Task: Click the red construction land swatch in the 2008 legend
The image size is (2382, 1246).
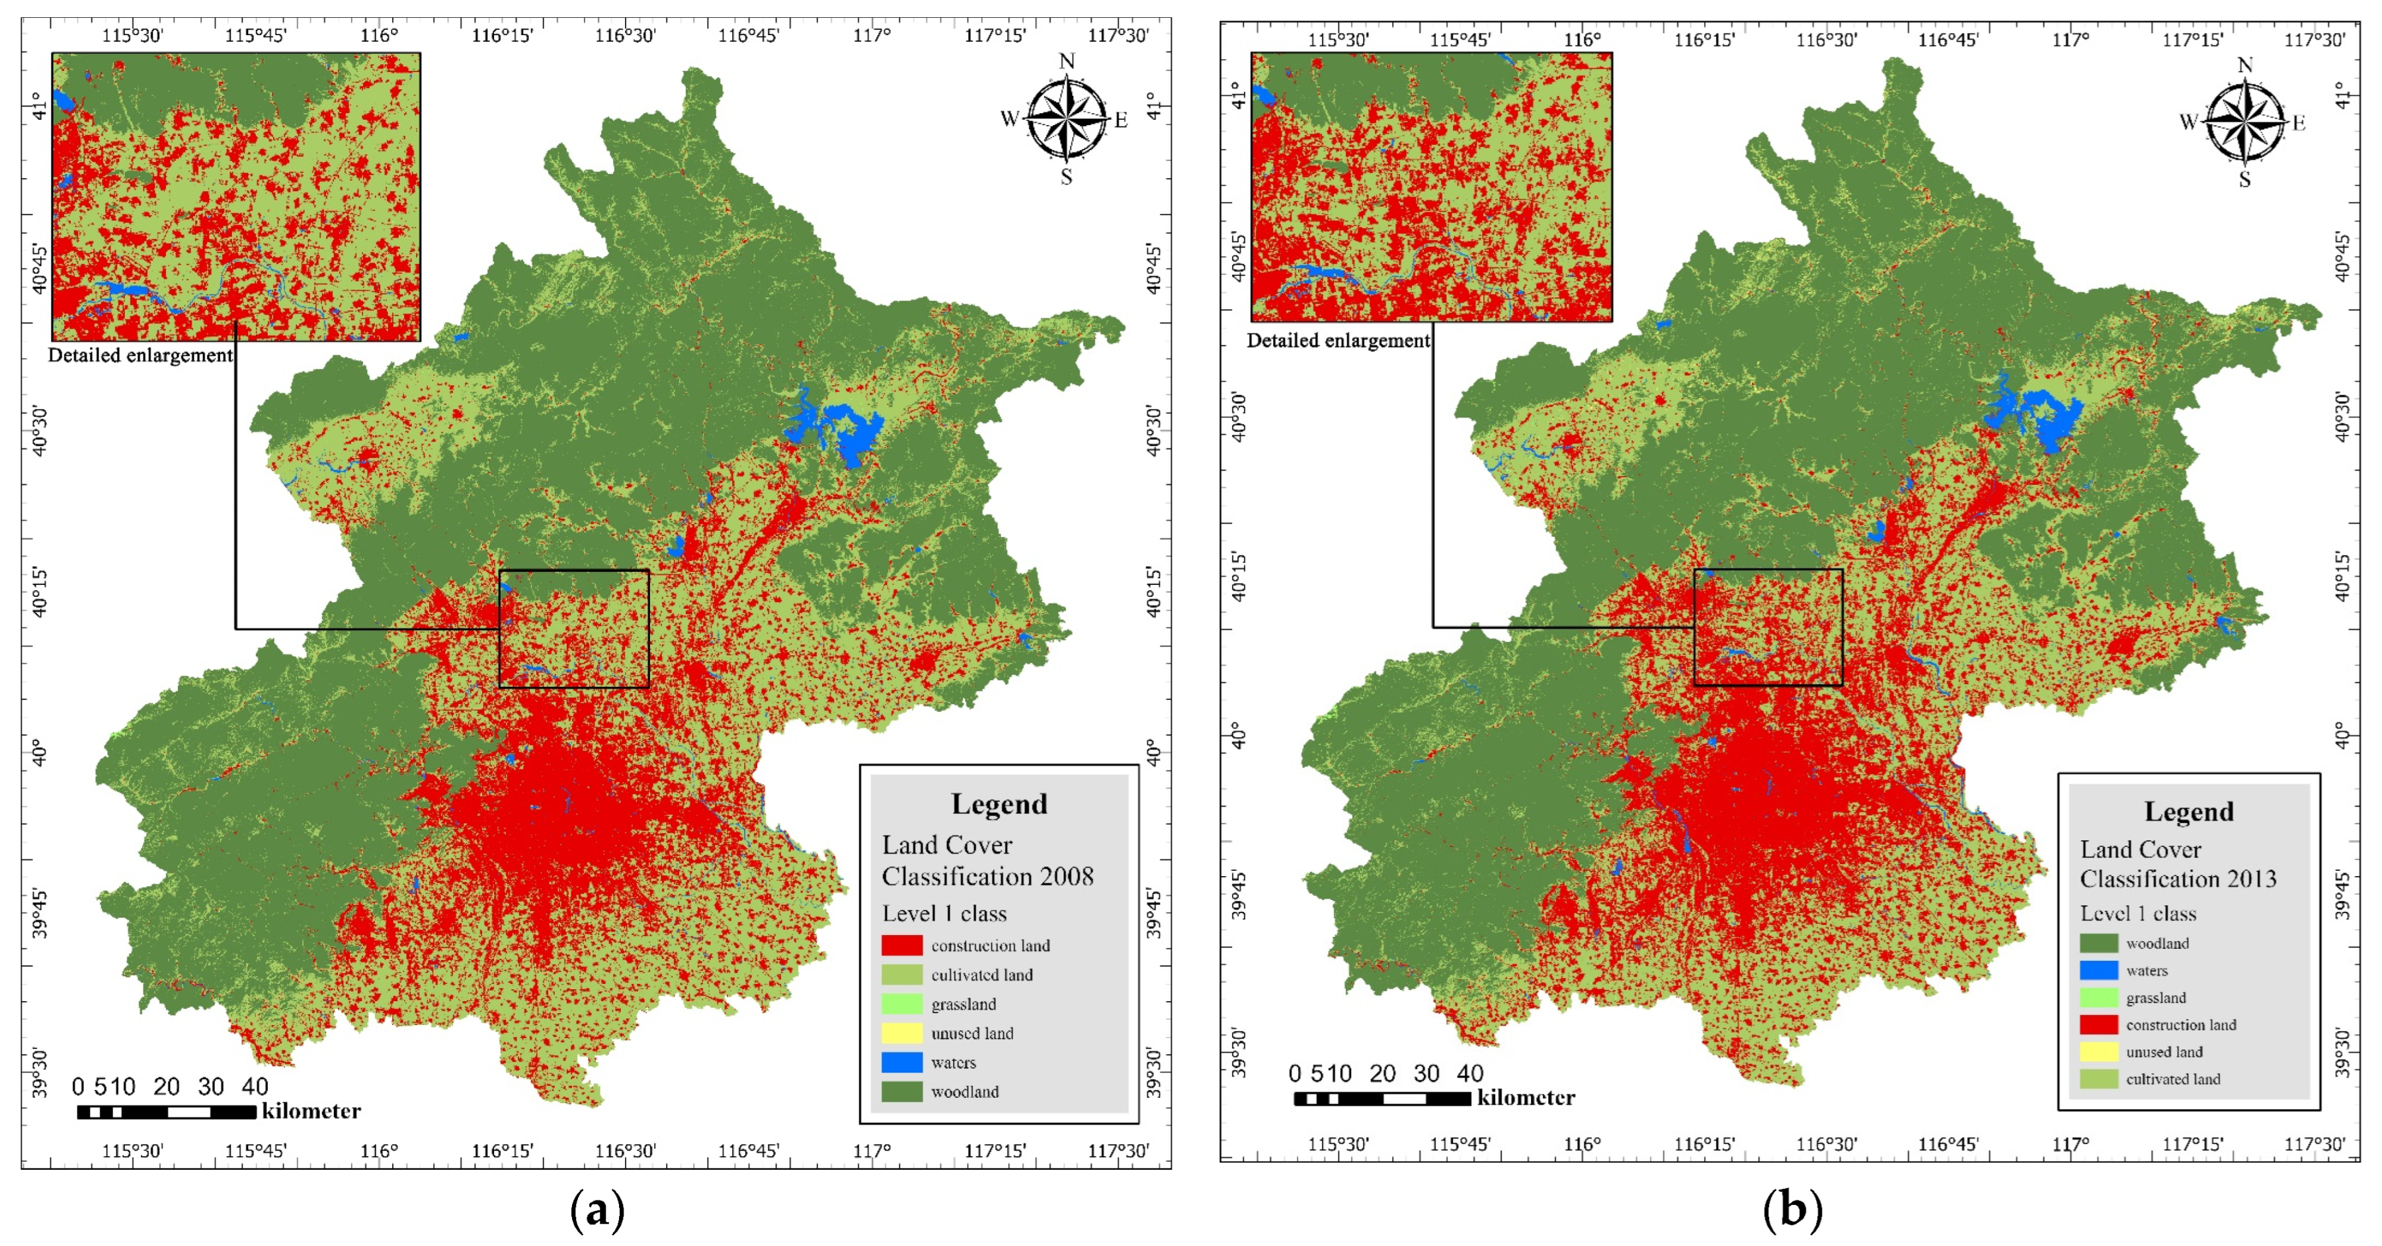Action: pos(901,946)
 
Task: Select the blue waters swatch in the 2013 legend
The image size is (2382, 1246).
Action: pos(2098,970)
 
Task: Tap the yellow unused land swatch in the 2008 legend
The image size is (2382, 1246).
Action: pos(901,1033)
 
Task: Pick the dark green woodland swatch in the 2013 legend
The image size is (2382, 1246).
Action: pos(2098,944)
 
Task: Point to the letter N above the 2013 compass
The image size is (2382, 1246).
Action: pos(2245,66)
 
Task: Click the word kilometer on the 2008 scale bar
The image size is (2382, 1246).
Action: pos(311,1111)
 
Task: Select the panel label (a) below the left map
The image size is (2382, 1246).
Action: pos(597,1210)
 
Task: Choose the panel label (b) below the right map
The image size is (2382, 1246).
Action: pos(1793,1210)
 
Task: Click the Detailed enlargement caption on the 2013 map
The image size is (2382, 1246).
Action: pos(1338,340)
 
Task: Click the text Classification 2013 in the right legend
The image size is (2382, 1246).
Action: pos(2178,879)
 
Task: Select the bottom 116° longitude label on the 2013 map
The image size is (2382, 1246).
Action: pos(1582,1144)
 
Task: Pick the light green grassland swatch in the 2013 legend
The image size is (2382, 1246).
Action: pos(2098,997)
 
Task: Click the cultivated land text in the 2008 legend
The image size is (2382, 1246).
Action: pos(981,975)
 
